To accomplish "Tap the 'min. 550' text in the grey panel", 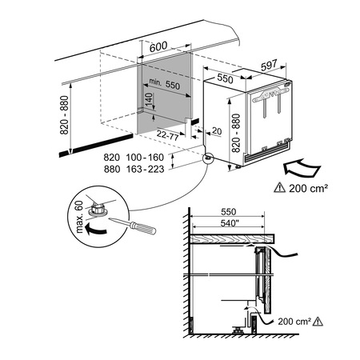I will pyautogui.click(x=166, y=83).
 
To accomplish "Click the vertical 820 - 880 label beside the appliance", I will pyautogui.click(x=234, y=132).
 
